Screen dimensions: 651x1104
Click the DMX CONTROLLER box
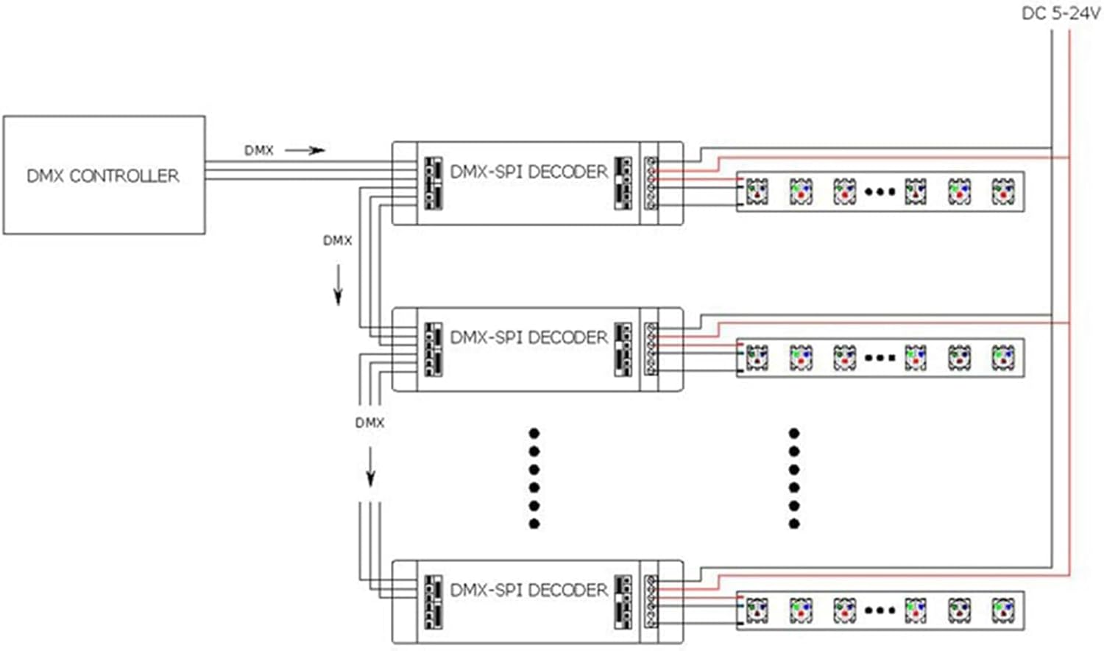point(104,175)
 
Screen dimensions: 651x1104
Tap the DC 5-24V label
point(1061,13)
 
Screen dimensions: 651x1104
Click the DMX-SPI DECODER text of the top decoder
point(528,172)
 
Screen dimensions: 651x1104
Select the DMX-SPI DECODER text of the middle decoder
point(528,337)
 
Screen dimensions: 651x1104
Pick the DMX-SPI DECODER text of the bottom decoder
point(528,590)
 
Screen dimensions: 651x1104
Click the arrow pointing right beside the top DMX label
point(305,150)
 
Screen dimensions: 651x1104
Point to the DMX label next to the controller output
point(258,150)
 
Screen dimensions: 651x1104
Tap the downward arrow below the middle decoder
point(370,467)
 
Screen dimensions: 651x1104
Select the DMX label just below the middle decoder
point(369,423)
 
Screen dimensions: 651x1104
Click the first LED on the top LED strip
point(757,191)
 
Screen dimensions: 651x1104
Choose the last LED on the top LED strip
point(1002,191)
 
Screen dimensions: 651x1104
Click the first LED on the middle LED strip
point(757,358)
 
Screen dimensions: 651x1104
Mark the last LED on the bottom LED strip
point(1002,610)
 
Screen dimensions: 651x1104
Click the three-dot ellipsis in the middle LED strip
point(880,358)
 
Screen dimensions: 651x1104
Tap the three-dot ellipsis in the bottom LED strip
point(880,610)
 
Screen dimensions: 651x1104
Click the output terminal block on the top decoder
point(651,183)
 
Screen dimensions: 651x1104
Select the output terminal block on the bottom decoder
point(651,601)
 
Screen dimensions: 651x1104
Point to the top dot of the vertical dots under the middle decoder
point(534,433)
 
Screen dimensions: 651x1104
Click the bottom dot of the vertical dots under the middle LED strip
point(794,524)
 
